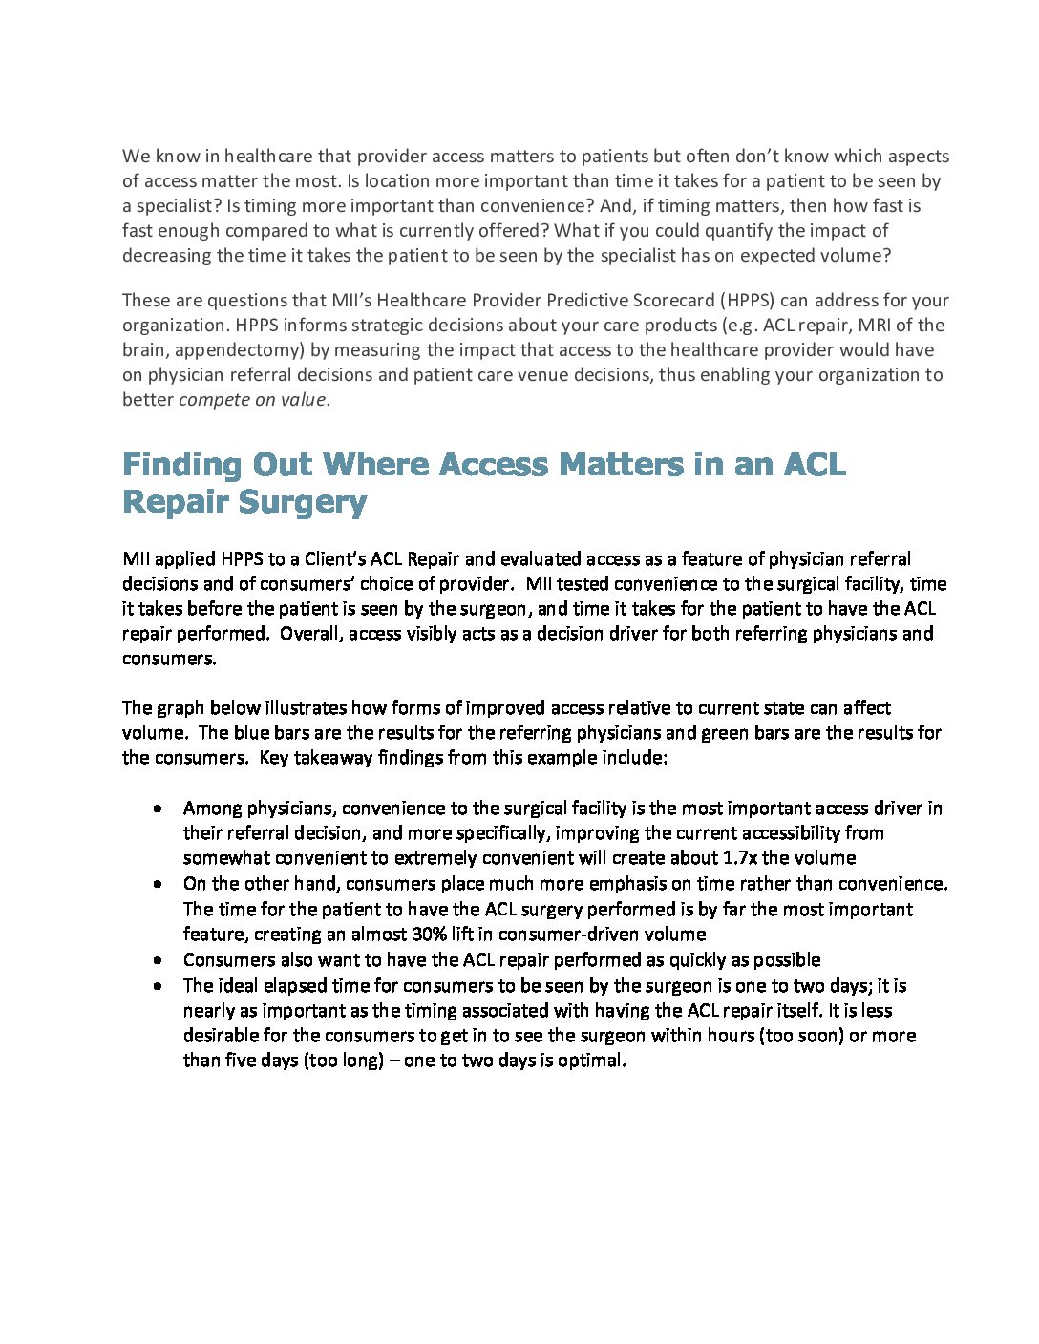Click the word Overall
click(309, 633)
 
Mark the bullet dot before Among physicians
click(157, 808)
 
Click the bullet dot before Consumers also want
click(157, 959)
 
